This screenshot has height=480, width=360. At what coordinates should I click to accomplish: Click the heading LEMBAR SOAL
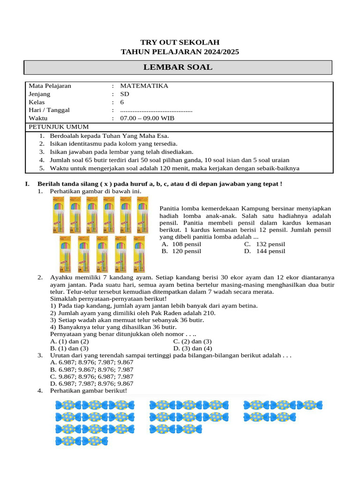pos(178,67)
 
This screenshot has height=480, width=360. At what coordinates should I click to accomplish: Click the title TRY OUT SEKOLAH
pos(180,42)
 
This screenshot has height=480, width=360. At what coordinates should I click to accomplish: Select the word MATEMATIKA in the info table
pos(144,86)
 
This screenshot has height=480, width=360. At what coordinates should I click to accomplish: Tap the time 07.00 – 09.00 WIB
pos(147,118)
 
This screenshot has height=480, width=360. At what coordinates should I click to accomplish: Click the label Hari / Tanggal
pos(49,110)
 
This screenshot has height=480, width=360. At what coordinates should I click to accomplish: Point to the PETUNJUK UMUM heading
pos(59,127)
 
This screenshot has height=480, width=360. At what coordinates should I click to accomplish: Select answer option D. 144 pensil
pos(264,251)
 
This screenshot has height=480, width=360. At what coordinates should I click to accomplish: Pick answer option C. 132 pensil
pos(264,244)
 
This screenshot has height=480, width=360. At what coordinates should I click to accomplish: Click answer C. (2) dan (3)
pos(193,342)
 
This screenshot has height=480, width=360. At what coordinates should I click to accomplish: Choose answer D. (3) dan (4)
pos(193,349)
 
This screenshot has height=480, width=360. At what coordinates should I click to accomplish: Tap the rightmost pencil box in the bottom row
pos(140,254)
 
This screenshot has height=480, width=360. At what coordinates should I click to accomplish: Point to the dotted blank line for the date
pos(156,110)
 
